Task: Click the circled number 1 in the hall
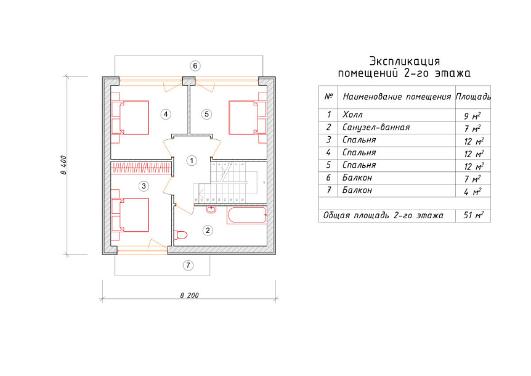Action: click(192, 160)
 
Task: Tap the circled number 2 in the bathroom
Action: click(208, 231)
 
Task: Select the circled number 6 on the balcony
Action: click(195, 66)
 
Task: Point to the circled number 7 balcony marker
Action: click(188, 265)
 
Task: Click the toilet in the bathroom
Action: click(180, 234)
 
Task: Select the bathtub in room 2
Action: click(247, 216)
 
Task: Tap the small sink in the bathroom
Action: click(211, 210)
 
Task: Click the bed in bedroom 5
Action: click(248, 118)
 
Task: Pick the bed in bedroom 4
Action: click(130, 118)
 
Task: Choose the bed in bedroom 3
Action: click(130, 215)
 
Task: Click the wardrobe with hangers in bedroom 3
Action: click(141, 168)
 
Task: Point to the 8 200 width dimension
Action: click(190, 295)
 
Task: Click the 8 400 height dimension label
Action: click(63, 165)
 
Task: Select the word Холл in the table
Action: click(352, 115)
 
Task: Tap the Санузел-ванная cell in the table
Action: click(376, 128)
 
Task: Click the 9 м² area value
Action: click(472, 116)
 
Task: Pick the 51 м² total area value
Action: click(473, 215)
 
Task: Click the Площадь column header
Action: click(473, 97)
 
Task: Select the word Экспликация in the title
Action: click(404, 61)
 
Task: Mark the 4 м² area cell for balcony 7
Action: click(472, 192)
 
